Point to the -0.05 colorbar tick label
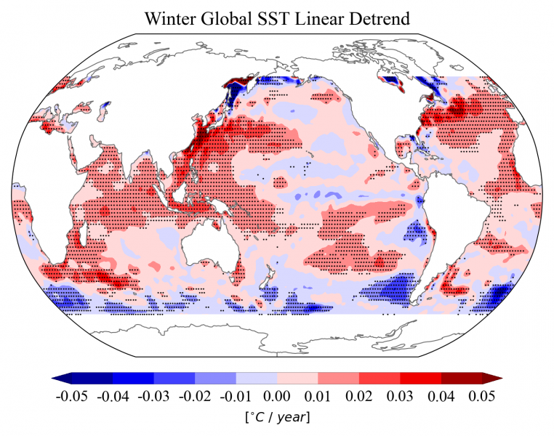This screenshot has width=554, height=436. (72, 397)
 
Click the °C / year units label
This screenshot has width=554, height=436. (277, 418)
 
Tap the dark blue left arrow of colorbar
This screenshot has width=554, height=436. (62, 379)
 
